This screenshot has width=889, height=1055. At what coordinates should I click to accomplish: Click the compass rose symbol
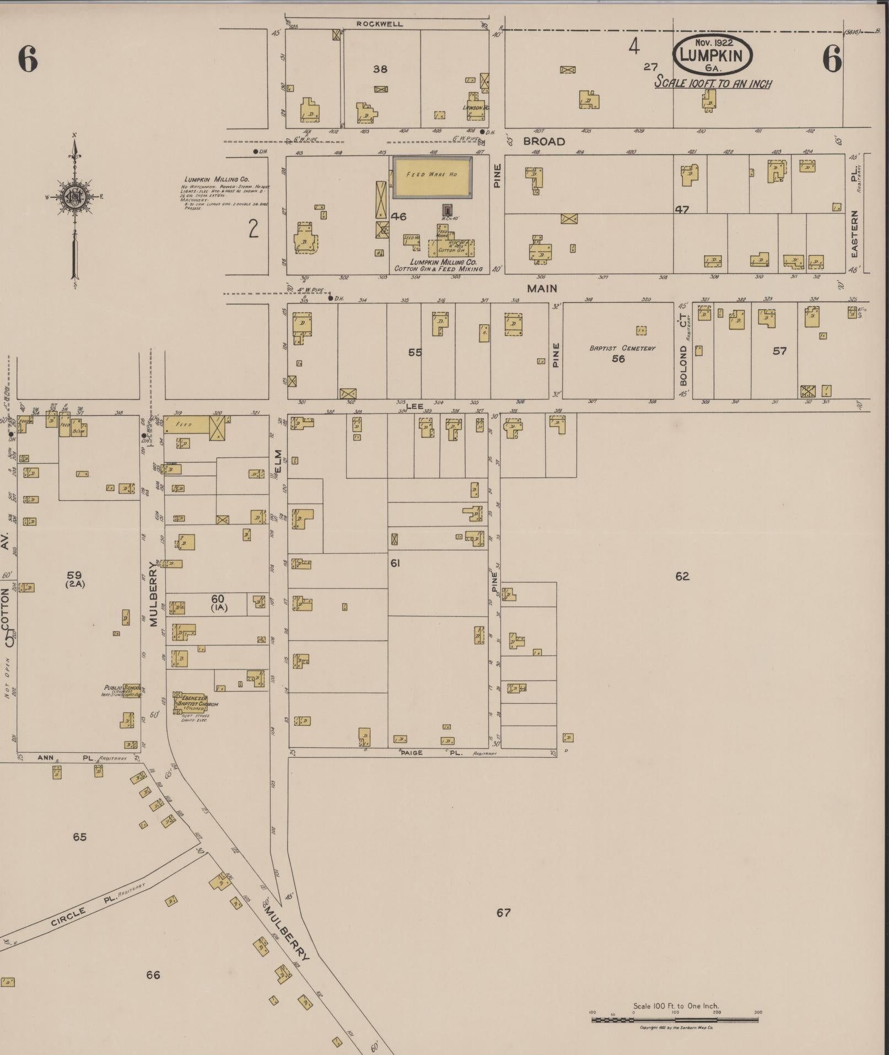pos(74,196)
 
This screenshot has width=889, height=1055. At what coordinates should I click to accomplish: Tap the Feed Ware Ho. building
pos(432,176)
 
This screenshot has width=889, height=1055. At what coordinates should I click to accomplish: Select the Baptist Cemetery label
pos(622,349)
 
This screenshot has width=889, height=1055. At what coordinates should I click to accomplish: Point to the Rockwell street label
pos(380,24)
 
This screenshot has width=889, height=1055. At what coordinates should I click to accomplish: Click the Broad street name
pos(544,142)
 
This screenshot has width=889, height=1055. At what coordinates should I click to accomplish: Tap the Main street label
pos(542,288)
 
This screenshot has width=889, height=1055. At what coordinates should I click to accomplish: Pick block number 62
pos(682,576)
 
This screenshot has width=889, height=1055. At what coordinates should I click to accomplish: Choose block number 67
pos(503,913)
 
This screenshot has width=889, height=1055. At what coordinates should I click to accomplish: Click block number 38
pos(380,69)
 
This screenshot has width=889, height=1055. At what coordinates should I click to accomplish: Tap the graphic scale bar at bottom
pos(675,1020)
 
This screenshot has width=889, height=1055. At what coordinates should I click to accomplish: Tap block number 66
pos(153,975)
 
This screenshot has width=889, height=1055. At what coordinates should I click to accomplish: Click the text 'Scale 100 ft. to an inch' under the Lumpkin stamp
pos(713,84)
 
